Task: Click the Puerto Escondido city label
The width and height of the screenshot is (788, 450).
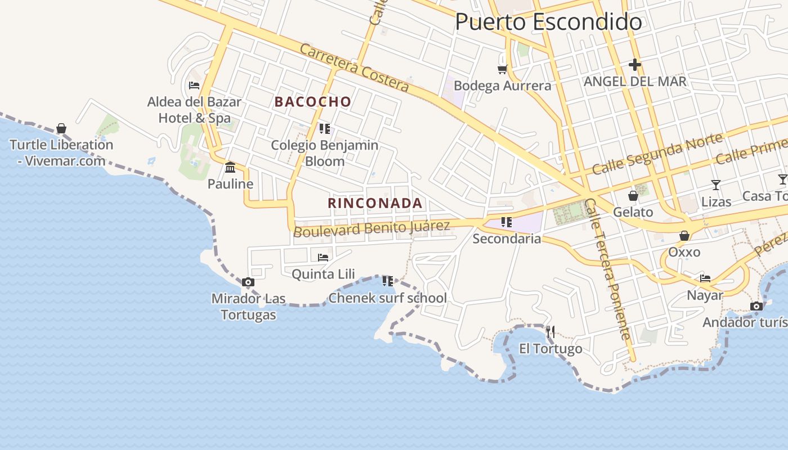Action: point(548,22)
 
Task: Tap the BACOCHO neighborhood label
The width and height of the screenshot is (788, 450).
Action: point(313,102)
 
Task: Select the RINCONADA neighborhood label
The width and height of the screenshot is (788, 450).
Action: point(375,203)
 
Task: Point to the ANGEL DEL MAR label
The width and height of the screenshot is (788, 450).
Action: point(635,82)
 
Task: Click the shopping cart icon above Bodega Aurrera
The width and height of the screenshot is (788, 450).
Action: point(502,69)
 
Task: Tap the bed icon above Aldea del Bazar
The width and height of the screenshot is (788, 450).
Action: point(194,85)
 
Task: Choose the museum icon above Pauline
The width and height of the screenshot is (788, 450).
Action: point(230,168)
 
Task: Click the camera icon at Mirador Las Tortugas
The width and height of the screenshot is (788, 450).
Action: point(248,282)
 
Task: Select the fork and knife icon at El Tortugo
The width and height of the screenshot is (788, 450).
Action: point(550,332)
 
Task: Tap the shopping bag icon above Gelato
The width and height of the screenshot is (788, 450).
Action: point(633,196)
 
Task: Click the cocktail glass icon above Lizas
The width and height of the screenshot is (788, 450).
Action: point(716,184)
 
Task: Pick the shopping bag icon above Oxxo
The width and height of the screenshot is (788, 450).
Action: point(684,236)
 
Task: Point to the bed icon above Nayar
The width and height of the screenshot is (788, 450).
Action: point(705,278)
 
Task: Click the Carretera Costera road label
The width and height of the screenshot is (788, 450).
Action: point(354,67)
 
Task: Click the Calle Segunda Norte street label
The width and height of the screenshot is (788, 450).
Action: point(657,154)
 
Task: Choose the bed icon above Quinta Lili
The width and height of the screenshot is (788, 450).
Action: point(323,258)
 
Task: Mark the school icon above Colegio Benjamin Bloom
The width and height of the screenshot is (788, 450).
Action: point(324,129)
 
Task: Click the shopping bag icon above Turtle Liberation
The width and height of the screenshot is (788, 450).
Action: point(61,128)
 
